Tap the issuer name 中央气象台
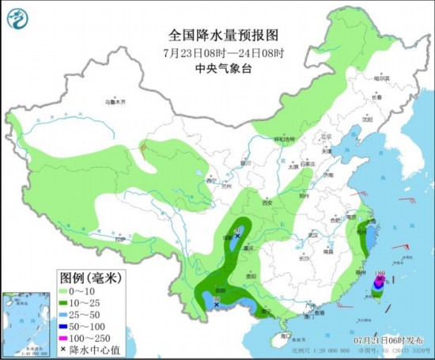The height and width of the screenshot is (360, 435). coord(217,67)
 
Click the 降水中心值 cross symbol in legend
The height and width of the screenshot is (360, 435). coord(64,350)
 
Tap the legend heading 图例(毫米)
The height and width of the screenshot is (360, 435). coord(86,278)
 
